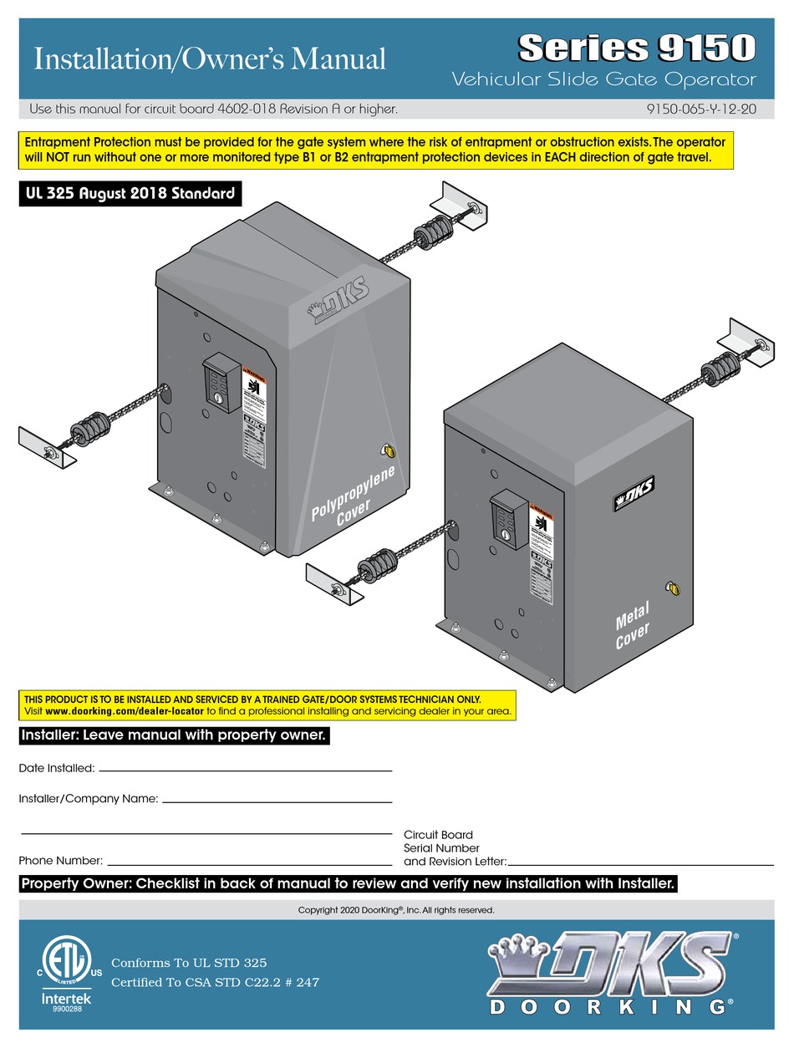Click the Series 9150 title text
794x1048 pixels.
click(x=637, y=48)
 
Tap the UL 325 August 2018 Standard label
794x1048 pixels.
click(x=130, y=195)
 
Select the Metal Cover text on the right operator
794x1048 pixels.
click(x=632, y=624)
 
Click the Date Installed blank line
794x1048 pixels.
click(x=245, y=770)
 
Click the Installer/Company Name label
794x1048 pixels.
click(x=89, y=799)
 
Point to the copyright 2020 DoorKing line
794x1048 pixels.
click(x=396, y=909)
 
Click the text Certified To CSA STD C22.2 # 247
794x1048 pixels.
click(x=215, y=982)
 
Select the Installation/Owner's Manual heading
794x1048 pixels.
click(x=208, y=59)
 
